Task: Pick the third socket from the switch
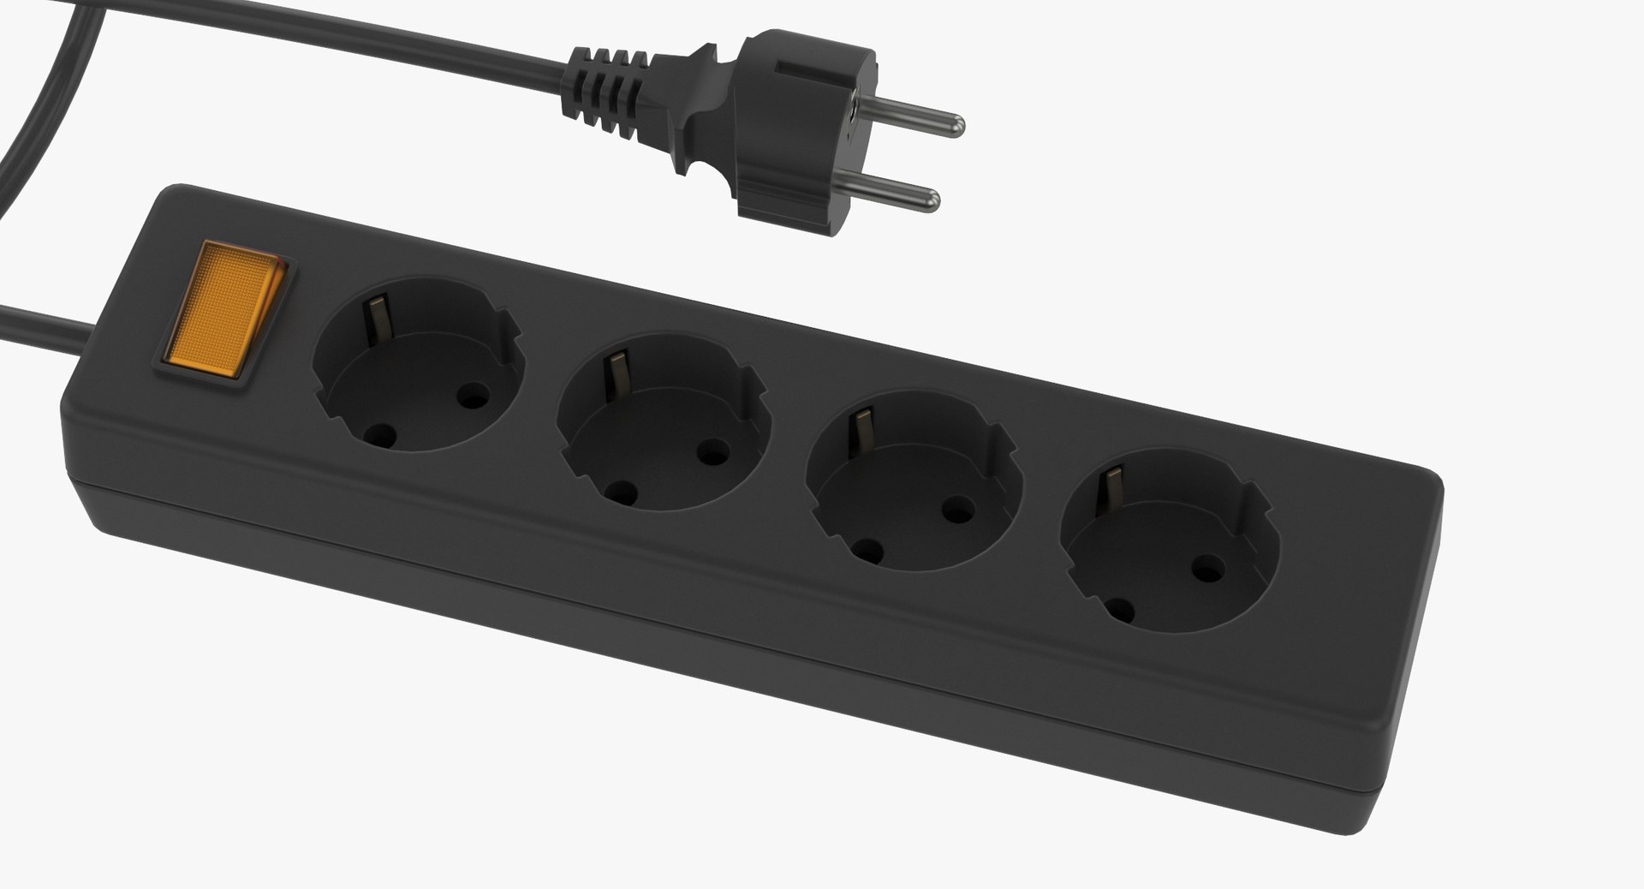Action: (914, 481)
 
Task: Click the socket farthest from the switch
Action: (1170, 540)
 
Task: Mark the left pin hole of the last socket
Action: (1118, 610)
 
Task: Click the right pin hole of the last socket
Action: (1208, 566)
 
